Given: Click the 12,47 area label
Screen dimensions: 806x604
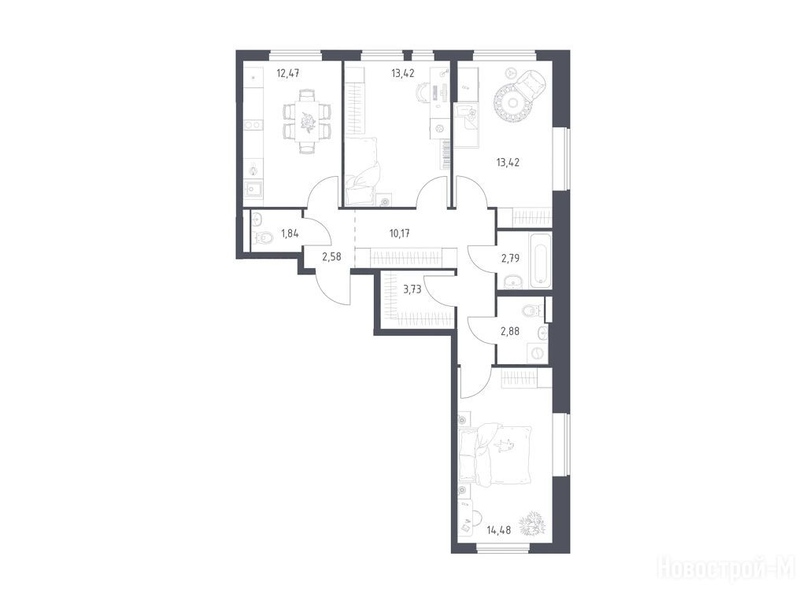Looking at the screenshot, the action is click(x=288, y=73).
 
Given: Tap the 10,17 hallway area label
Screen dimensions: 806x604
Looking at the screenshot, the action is click(x=400, y=234).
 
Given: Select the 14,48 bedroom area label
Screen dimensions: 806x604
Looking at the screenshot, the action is click(x=498, y=530).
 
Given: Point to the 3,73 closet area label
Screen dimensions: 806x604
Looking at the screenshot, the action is click(x=412, y=289).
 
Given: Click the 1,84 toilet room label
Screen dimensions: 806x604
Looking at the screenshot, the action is click(x=290, y=234).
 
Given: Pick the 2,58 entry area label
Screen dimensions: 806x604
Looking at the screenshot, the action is click(x=331, y=256).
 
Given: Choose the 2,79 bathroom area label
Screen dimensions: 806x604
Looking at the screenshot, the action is click(x=510, y=258).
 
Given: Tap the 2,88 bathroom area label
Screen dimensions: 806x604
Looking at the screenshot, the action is click(x=510, y=331).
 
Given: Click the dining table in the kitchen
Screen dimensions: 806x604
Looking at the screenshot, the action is click(x=307, y=121).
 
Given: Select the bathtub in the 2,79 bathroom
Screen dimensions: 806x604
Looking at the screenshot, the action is click(x=540, y=261).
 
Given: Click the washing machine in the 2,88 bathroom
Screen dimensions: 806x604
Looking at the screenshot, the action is click(x=537, y=354).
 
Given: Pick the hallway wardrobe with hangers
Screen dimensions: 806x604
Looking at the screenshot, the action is click(x=406, y=257).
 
